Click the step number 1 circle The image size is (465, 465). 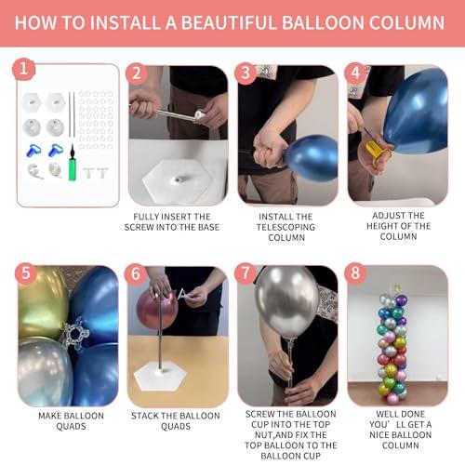click(x=23, y=69)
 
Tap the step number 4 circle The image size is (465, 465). click(x=355, y=73)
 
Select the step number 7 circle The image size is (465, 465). click(x=246, y=273)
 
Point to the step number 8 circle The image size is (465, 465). click(x=355, y=273)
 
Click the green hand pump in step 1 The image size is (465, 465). click(x=73, y=163)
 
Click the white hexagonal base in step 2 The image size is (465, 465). click(x=179, y=179)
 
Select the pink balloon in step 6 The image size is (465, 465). click(x=156, y=310)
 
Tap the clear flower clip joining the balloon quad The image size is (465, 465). click(x=74, y=334)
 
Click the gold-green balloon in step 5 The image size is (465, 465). click(x=42, y=304)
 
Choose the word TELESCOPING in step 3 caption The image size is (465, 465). click(x=286, y=227)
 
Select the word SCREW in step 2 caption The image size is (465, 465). click(x=139, y=227)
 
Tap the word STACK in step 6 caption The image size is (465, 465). click(x=145, y=416)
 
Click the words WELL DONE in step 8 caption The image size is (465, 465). click(x=400, y=414)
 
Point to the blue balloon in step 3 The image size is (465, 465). click(x=312, y=158)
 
